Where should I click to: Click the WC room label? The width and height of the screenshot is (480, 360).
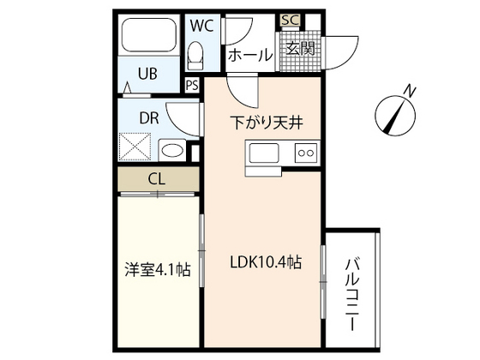[x=201, y=24]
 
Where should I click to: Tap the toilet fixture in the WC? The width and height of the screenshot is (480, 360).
[x=195, y=56]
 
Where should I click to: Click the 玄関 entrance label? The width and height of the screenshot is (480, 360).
[x=299, y=48]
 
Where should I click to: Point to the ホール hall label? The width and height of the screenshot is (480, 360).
[x=249, y=55]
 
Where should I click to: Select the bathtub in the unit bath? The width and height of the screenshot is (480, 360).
[x=148, y=37]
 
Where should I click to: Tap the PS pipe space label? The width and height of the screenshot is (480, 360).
[x=192, y=85]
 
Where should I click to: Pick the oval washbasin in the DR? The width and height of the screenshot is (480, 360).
[x=172, y=151]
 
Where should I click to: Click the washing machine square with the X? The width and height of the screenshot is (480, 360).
[x=137, y=147]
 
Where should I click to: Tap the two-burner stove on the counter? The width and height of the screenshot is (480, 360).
[x=306, y=153]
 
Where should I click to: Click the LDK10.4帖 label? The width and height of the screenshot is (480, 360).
[x=264, y=264]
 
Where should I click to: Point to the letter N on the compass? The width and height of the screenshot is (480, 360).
[x=411, y=90]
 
